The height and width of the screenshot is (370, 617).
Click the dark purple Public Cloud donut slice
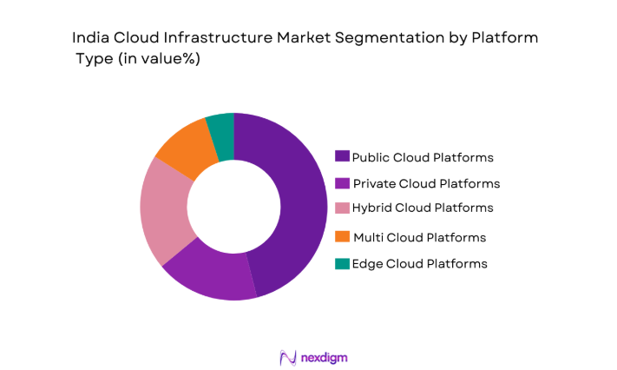pos(286,208)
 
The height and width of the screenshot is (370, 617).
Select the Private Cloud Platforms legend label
pos(425,183)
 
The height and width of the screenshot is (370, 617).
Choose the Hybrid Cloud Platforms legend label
pos(423,208)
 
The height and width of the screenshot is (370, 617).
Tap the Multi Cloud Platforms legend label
pos(419,237)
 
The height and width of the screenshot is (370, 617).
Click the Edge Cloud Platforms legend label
pos(420,263)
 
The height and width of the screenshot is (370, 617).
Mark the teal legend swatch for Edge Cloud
pos(343,263)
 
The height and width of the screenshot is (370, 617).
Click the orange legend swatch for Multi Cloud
pos(343,237)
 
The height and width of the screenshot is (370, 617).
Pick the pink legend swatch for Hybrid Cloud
pos(343,208)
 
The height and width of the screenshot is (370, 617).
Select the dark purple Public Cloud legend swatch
pos(343,157)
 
